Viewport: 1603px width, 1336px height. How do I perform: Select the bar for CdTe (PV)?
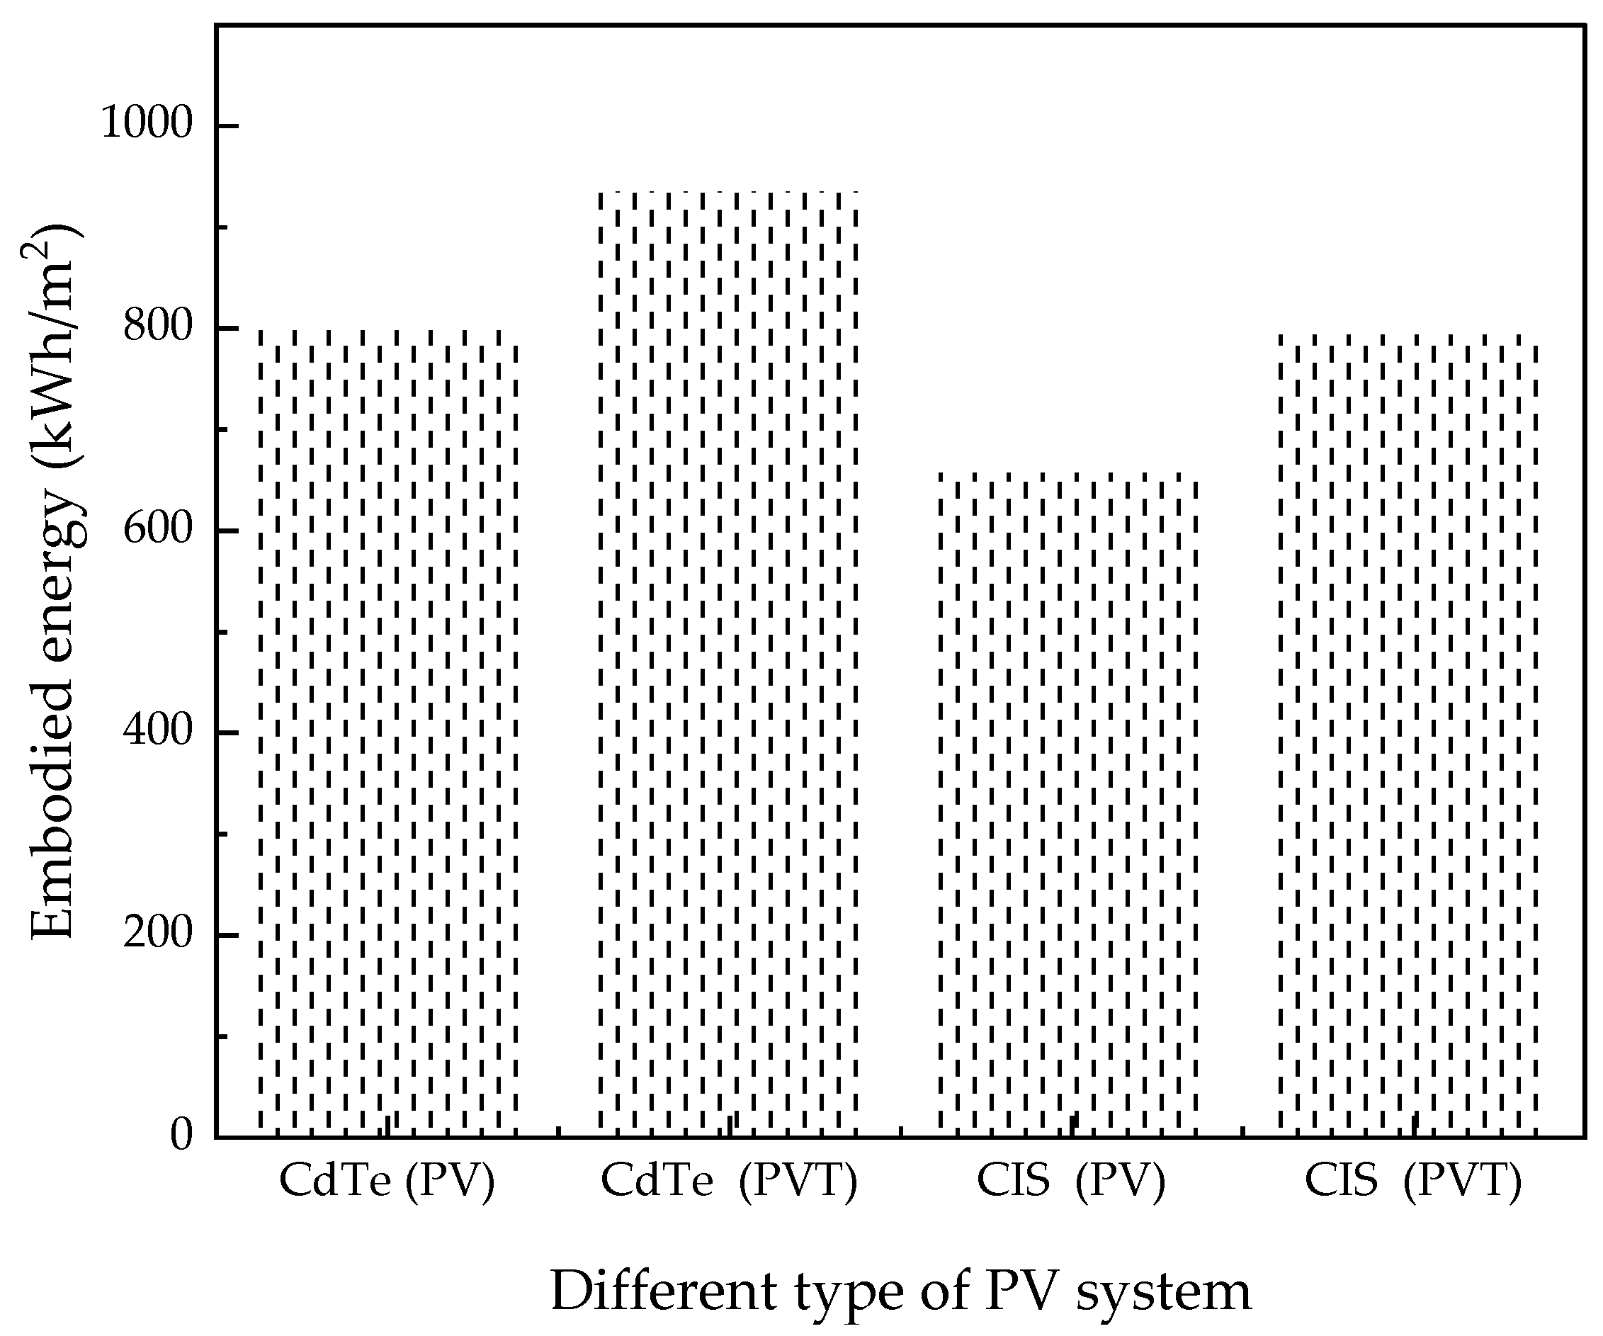point(387,733)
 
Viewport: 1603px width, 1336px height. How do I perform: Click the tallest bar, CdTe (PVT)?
point(728,664)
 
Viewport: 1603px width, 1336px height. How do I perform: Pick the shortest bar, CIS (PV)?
point(1069,802)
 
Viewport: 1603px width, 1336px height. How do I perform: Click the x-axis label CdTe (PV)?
point(387,1179)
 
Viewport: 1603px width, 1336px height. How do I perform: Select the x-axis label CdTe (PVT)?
point(729,1179)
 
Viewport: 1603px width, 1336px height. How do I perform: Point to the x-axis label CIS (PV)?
point(1071,1179)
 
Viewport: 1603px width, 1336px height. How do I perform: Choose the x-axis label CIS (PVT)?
point(1413,1179)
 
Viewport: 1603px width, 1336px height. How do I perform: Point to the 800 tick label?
point(157,326)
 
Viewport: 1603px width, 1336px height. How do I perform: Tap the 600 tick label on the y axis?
point(157,528)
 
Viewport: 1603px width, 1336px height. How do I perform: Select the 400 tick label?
point(157,730)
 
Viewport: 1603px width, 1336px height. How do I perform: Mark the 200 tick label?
point(157,933)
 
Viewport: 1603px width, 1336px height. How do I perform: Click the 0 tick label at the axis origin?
point(181,1136)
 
